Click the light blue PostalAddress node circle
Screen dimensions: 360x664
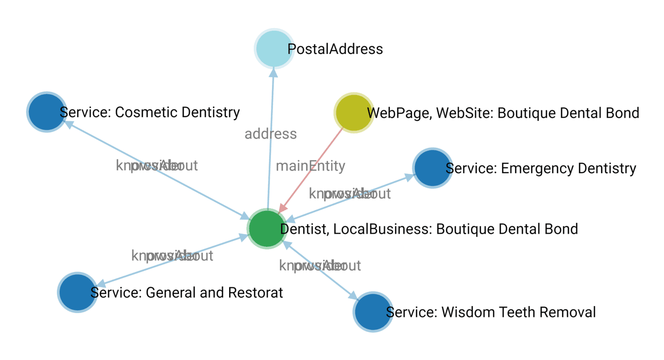[x=274, y=48]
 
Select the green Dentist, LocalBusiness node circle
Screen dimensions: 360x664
[x=267, y=229]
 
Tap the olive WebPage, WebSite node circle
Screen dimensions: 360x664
[x=353, y=112]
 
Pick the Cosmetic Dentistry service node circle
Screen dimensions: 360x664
[x=46, y=112]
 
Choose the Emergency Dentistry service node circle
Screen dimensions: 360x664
[x=432, y=168]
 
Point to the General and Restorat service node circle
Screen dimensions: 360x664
[x=77, y=292]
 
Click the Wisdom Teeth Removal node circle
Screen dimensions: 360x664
[x=373, y=312]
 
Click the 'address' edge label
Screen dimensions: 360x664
[x=271, y=134]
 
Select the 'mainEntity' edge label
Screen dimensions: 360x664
[x=310, y=166]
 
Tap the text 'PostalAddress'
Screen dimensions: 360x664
[x=335, y=49]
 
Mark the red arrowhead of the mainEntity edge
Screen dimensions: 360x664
[x=282, y=208]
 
